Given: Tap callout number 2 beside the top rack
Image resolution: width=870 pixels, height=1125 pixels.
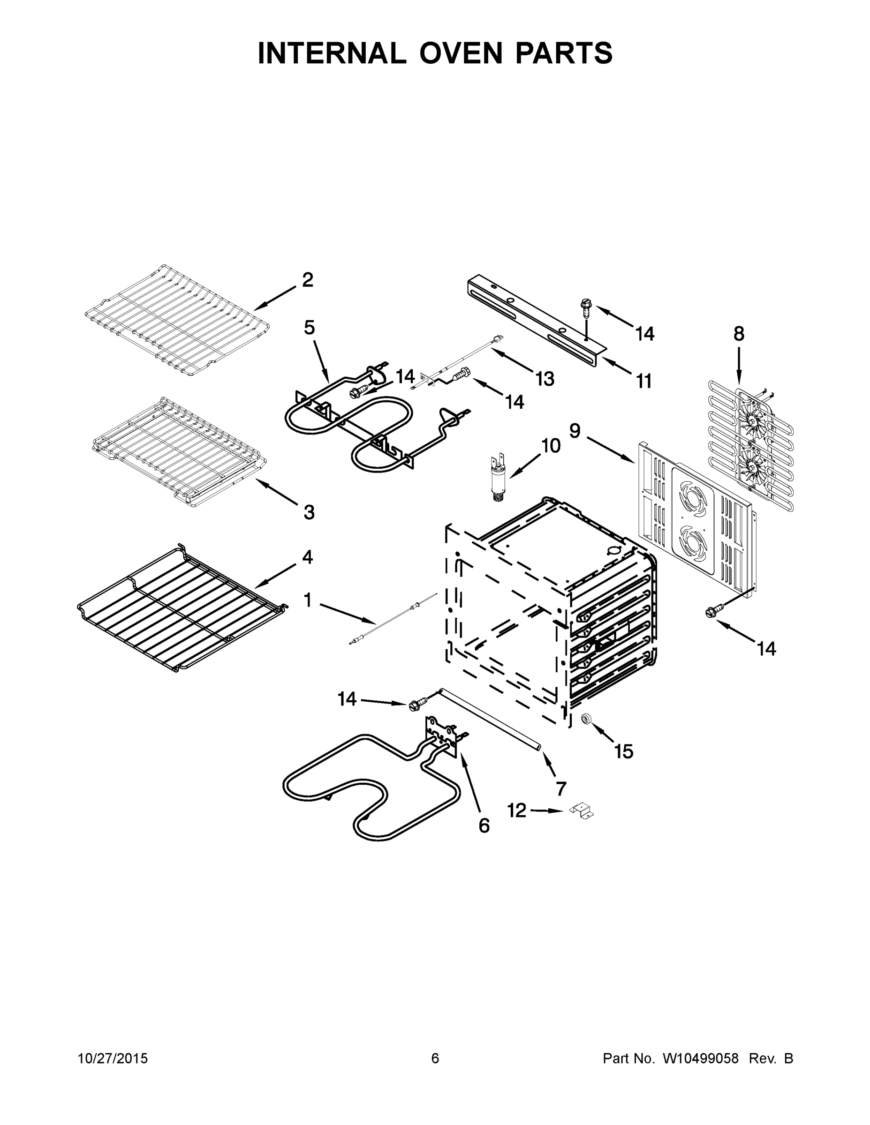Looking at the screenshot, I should click(x=307, y=280).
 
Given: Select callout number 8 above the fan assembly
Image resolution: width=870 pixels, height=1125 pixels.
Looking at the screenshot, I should click(x=739, y=334).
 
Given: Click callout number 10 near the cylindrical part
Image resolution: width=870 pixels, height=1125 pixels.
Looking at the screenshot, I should click(x=551, y=446).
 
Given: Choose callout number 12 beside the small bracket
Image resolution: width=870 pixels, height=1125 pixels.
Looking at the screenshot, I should click(x=516, y=810).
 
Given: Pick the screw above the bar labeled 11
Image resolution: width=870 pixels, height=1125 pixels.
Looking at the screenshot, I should click(x=586, y=307).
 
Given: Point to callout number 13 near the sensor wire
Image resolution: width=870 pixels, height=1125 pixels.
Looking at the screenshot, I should click(x=544, y=379).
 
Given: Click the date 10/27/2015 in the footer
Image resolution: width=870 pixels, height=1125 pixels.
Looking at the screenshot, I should click(x=113, y=1058).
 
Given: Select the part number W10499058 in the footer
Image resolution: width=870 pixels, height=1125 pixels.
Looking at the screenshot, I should click(x=700, y=1058).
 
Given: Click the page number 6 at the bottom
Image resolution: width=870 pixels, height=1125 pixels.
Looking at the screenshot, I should click(x=435, y=1058).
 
